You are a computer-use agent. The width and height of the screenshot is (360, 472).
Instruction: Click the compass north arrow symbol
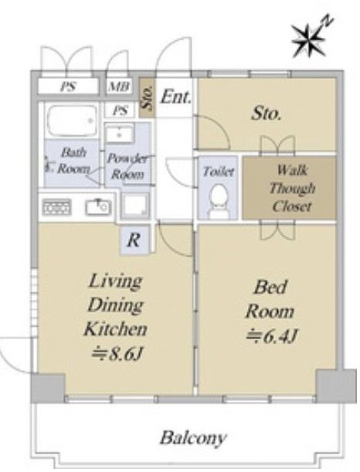click(x=310, y=38)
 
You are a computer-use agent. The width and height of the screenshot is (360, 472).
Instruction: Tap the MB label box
click(x=120, y=87)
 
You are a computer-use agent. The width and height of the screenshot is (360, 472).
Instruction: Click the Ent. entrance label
click(x=175, y=97)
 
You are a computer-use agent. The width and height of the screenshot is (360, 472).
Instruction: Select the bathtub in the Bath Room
click(x=72, y=121)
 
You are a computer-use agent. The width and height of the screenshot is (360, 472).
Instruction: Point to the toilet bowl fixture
click(x=218, y=201)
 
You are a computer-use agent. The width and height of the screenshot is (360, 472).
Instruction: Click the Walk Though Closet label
click(x=291, y=188)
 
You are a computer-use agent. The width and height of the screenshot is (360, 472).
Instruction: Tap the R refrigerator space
click(x=134, y=240)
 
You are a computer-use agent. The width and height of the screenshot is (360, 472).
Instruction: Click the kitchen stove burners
click(x=57, y=207)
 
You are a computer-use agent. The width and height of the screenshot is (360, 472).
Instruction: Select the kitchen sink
click(x=98, y=207)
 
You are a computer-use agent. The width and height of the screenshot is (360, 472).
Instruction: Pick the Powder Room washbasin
click(x=120, y=134)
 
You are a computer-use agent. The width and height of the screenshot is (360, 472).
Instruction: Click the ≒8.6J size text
click(x=117, y=355)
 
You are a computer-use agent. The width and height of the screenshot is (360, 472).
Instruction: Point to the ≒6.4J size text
click(x=272, y=337)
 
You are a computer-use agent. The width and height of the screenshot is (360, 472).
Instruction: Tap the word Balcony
click(x=193, y=438)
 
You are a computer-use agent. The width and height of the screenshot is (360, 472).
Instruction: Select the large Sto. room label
click(x=266, y=114)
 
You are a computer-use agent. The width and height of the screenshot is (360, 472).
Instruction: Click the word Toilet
click(x=219, y=171)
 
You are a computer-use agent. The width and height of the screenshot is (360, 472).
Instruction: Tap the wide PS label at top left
click(x=68, y=87)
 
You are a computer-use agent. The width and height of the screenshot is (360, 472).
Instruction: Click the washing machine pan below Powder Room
click(x=135, y=205)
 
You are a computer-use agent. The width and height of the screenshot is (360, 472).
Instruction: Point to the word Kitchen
click(x=116, y=329)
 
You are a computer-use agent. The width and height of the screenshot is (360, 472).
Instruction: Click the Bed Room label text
click(x=270, y=299)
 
